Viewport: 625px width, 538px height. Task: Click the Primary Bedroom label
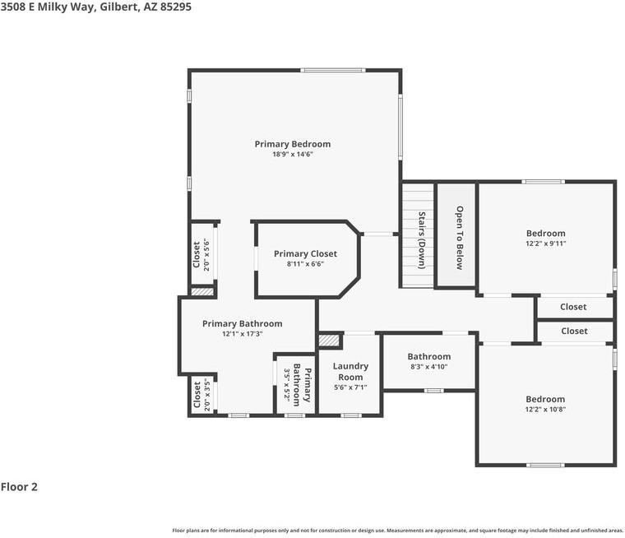pos(293,144)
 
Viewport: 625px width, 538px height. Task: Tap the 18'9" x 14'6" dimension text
pos(293,155)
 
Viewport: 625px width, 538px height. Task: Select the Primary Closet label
pos(305,253)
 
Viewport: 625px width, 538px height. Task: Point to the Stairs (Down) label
pos(421,240)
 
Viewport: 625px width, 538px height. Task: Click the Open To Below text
pos(460,238)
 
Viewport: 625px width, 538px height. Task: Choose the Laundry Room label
pos(350,371)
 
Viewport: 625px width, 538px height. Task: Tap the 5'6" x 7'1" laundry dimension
pos(350,387)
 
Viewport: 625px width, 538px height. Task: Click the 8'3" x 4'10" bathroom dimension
pos(429,367)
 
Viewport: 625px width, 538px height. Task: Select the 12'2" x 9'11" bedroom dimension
pos(546,243)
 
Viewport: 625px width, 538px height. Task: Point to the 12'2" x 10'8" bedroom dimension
pos(545,409)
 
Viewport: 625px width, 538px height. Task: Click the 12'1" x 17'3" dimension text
pos(243,334)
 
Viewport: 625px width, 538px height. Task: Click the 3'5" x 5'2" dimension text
pos(287,385)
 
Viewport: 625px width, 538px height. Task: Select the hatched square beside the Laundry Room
pos(329,341)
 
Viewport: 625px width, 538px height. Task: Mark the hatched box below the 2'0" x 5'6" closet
pos(202,292)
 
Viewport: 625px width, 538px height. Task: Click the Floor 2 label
pos(19,486)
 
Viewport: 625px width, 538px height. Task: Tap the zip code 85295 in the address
pos(176,7)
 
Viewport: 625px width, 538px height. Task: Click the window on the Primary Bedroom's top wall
pos(332,70)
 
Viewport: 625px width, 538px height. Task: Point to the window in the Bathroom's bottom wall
pos(433,391)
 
